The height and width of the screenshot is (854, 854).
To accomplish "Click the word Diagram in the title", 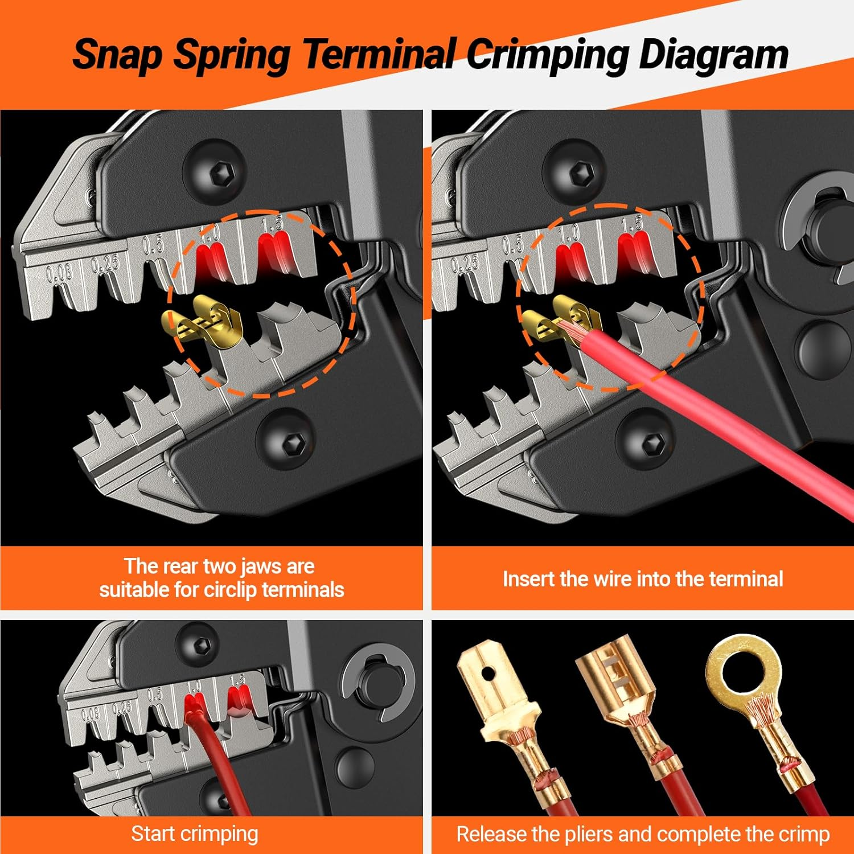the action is click(713, 55).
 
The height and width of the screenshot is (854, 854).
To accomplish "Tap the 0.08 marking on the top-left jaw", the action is click(59, 273).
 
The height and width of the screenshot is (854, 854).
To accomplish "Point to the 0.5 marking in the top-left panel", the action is click(153, 245).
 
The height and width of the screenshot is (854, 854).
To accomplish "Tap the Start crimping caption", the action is click(195, 834).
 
